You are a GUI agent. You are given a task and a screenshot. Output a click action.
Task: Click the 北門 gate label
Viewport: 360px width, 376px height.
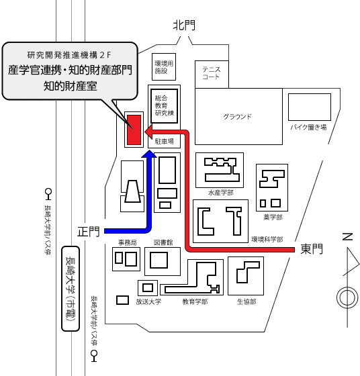184,26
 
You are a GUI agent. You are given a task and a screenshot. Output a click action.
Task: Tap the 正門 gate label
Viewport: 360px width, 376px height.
88,232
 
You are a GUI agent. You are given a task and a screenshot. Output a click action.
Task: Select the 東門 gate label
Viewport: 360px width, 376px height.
312,249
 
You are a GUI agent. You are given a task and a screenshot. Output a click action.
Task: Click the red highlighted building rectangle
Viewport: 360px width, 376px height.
134,130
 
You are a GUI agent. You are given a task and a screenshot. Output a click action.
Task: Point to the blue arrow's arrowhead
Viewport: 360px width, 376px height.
149,154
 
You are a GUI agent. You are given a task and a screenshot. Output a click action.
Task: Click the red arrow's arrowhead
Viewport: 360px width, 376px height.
148,132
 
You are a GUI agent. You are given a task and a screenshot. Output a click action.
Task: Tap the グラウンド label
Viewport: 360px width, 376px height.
238,117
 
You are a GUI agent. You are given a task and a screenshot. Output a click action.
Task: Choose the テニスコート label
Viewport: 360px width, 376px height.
211,73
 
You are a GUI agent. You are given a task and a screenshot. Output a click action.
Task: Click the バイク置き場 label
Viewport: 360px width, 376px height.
309,127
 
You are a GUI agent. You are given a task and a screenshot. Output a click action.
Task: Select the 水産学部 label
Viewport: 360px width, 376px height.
221,193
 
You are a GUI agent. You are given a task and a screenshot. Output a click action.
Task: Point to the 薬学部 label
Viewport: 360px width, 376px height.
273,218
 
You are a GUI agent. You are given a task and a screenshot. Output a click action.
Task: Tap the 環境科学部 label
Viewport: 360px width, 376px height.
267,239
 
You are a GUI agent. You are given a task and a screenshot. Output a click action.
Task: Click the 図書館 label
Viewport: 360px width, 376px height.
163,242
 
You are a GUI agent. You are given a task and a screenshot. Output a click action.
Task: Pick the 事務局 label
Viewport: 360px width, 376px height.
128,242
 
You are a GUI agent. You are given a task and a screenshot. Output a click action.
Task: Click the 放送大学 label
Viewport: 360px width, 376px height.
148,301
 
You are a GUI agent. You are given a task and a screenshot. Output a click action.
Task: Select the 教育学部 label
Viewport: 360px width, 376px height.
195,301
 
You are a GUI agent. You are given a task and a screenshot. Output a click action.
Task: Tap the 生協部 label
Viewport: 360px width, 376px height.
246,301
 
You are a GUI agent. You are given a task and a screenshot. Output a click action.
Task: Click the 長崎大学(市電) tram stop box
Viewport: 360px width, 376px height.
71,289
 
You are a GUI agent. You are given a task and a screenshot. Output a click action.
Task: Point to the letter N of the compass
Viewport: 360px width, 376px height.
347,236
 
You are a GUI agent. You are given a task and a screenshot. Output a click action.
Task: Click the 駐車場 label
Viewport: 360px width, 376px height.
165,142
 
